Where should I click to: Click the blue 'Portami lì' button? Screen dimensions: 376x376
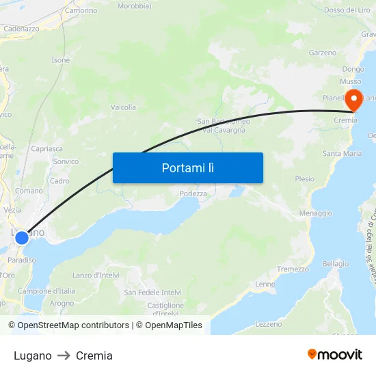188,167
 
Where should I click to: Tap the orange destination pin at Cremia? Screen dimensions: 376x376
354,100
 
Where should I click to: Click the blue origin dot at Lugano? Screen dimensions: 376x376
22,237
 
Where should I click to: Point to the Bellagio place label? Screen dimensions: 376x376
335,263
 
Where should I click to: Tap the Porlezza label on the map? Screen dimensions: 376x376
193,193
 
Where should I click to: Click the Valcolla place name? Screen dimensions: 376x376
123,107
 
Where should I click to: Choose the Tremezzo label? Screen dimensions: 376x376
293,269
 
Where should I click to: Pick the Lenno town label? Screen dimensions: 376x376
265,284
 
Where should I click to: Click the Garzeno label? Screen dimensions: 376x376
323,53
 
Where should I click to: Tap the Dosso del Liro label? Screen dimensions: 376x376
347,10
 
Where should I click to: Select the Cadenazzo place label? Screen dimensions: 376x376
21,29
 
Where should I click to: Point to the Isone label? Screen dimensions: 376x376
61,60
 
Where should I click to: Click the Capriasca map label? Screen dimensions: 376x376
46,148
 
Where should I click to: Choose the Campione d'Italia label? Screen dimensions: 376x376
46,291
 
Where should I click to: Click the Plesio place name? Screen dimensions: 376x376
304,179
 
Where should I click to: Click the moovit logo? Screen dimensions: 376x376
335,354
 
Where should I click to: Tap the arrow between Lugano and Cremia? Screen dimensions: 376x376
64,355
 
